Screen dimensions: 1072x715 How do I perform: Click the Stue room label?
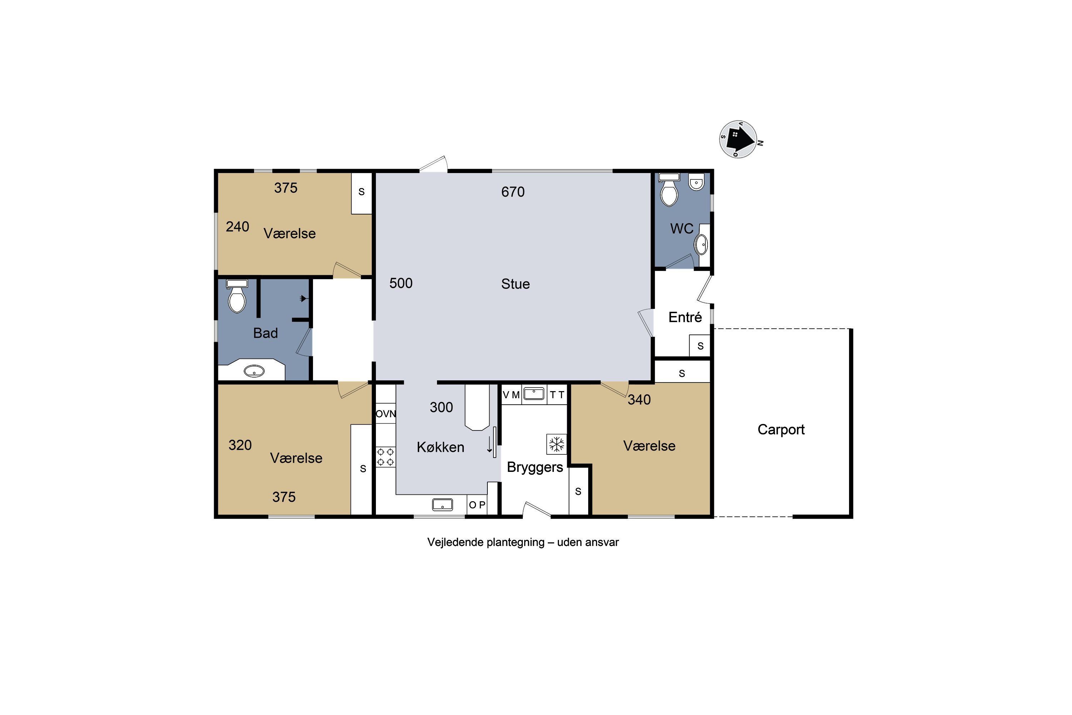point(516,284)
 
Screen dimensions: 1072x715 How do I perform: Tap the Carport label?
point(781,430)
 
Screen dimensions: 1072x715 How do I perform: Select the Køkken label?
point(440,447)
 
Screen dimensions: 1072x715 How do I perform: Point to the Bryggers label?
point(535,467)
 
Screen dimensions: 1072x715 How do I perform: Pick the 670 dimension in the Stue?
point(513,192)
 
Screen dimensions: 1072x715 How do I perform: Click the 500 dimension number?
point(401,283)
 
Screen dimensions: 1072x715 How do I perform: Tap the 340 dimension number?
point(639,400)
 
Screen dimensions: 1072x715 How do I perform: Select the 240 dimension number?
point(238,227)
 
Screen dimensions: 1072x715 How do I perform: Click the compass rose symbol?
point(738,139)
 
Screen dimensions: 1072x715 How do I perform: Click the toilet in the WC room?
point(669,190)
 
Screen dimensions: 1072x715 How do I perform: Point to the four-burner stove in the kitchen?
point(386,457)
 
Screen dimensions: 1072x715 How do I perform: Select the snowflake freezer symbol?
point(556,444)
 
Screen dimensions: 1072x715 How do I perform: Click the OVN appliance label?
point(386,414)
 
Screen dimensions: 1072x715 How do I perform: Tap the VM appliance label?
point(511,395)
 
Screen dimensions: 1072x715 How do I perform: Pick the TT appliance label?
point(557,395)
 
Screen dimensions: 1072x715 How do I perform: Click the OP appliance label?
point(477,505)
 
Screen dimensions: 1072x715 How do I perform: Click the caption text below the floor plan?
point(523,542)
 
